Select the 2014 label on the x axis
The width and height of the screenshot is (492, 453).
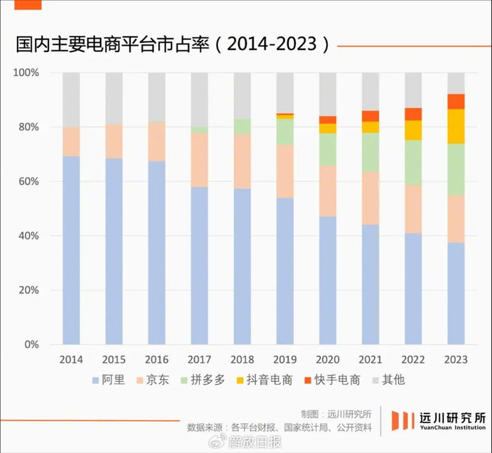72,359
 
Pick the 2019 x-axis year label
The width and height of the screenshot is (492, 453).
285,359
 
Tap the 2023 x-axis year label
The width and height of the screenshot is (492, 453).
456,359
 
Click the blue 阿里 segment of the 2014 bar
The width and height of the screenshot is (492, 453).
72,250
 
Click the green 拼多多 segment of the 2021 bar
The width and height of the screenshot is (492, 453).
370,152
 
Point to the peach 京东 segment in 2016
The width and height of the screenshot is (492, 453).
157,141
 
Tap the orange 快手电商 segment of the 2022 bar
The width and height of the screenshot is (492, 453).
413,114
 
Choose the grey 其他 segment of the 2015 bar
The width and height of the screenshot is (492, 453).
115,98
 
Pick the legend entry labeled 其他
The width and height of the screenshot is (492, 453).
393,381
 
